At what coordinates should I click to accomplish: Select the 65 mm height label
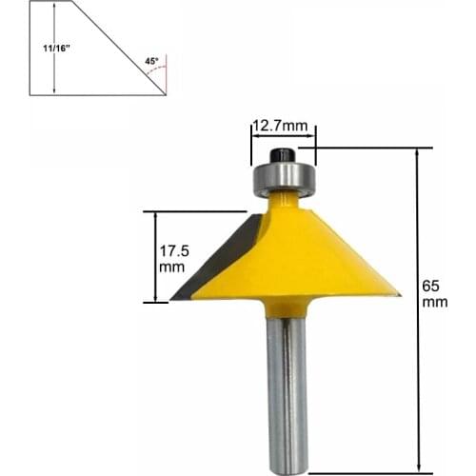[x=435, y=291]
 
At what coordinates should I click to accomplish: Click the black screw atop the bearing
[x=283, y=155]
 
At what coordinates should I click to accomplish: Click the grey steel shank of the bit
[x=288, y=390]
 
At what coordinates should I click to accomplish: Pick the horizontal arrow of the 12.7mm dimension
[x=283, y=137]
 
